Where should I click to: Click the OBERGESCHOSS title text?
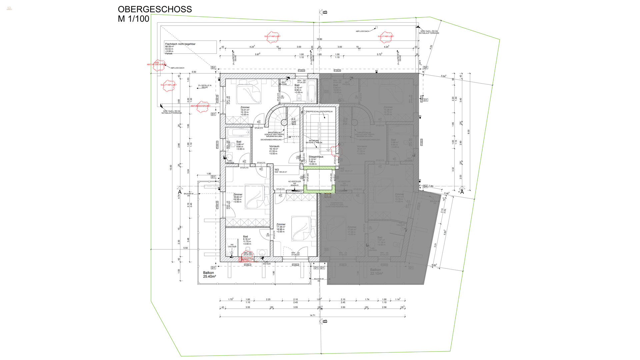click(155, 9)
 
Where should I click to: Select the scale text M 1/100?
click(133, 19)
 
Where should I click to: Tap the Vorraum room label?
click(274, 146)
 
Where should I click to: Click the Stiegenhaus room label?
click(316, 157)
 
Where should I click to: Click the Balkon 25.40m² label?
click(209, 275)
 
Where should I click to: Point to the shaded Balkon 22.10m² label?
click(376, 272)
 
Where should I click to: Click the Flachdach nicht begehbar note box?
click(190, 47)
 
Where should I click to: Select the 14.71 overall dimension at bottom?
click(312, 315)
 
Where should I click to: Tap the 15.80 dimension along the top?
click(319, 39)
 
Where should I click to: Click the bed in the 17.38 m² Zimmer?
click(303, 228)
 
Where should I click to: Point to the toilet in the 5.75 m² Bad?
click(299, 97)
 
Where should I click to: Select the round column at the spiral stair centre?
click(284, 123)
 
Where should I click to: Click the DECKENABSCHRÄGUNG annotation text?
click(271, 140)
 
